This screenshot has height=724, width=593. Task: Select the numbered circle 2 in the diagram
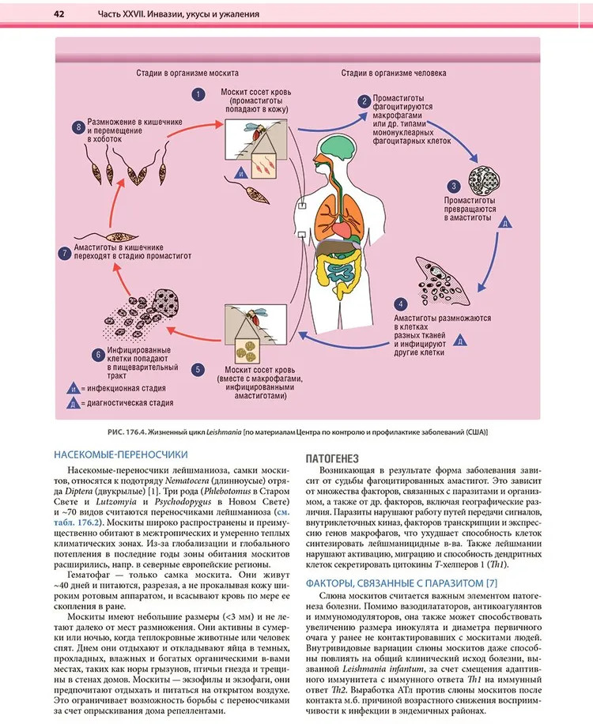point(364,101)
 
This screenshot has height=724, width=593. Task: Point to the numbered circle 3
point(454,187)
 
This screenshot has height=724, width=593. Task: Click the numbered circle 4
point(402,304)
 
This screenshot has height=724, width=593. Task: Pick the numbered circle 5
point(197,368)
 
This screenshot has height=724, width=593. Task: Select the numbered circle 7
point(65,253)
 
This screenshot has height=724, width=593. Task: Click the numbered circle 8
point(77,126)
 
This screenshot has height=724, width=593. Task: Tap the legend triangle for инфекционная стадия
point(72,389)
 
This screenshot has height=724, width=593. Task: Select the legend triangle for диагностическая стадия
point(72,403)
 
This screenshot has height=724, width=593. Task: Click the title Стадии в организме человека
point(393,73)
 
